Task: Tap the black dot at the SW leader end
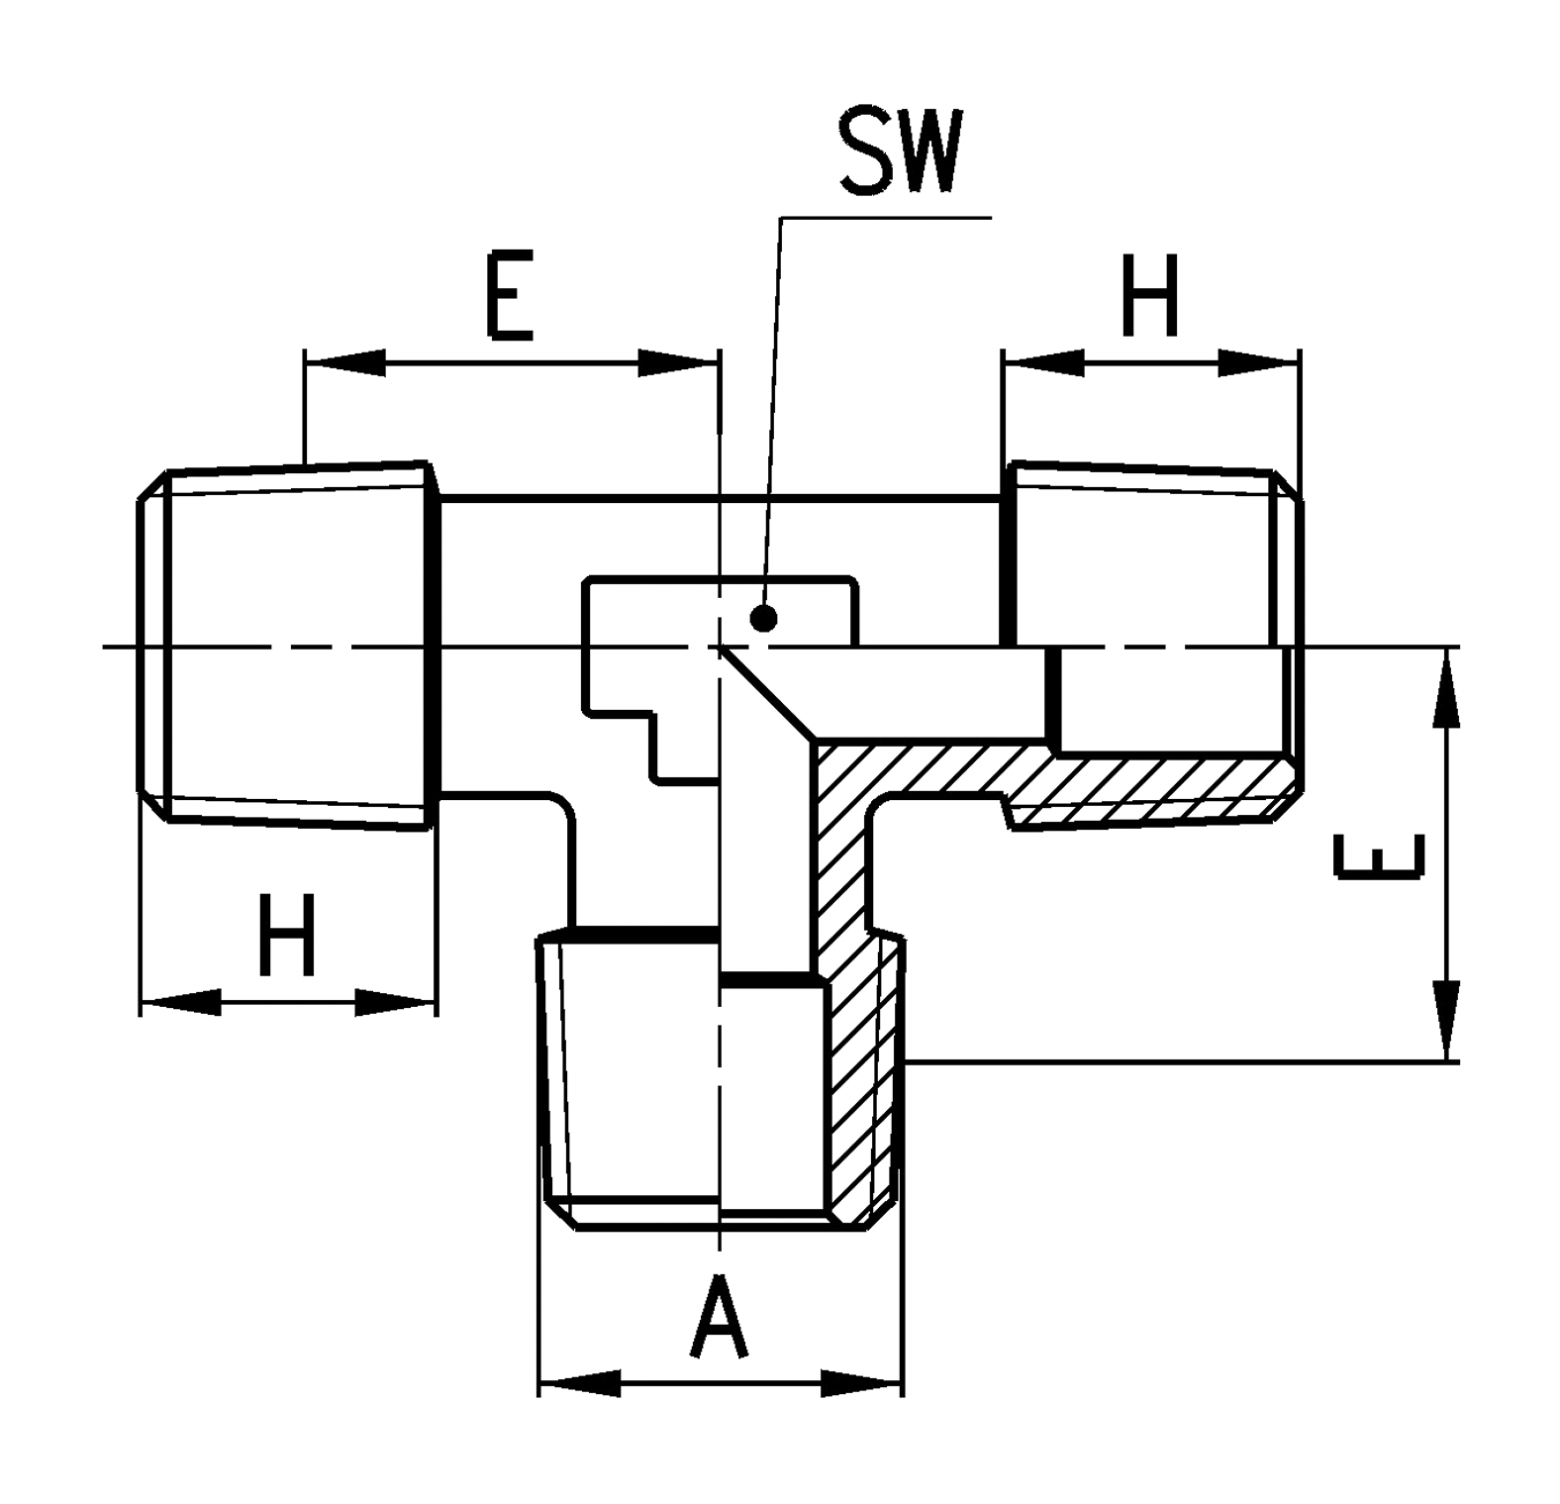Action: (x=763, y=619)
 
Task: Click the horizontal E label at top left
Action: (x=509, y=295)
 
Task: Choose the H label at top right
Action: (x=1150, y=295)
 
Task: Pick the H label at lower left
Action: (x=286, y=934)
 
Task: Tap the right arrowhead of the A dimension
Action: (x=862, y=1383)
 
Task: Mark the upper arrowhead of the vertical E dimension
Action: (x=1446, y=689)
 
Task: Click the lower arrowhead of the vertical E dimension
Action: (x=1446, y=1021)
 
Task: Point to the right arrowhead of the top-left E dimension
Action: (x=678, y=362)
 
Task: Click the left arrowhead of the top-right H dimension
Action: (x=1043, y=362)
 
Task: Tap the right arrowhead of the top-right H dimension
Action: (x=1259, y=362)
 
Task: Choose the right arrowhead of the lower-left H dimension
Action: (x=394, y=1001)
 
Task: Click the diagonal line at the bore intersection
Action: (x=768, y=694)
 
